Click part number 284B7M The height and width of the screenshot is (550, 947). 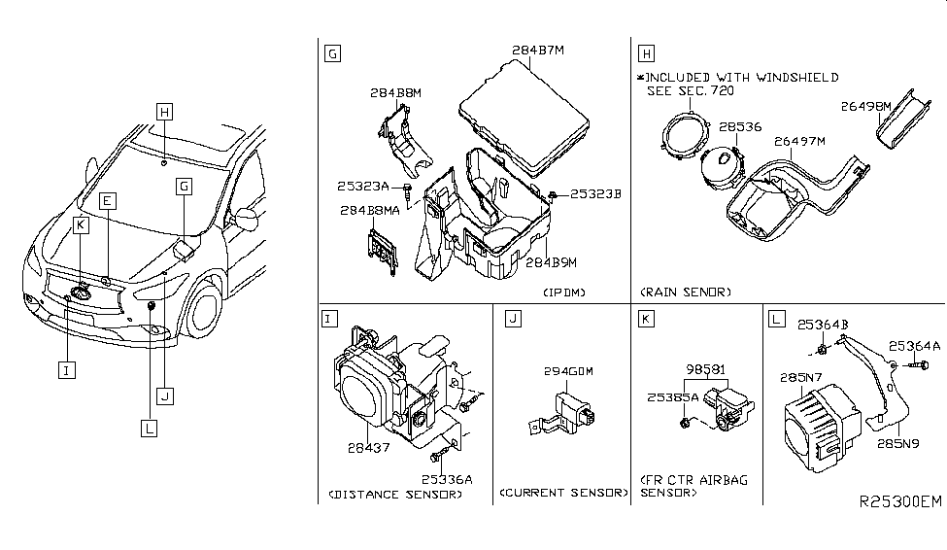point(537,51)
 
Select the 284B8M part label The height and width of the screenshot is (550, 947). point(395,93)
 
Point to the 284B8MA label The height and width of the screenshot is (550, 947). point(370,211)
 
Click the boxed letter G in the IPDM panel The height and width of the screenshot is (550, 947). point(332,53)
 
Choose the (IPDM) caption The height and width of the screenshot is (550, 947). point(564,292)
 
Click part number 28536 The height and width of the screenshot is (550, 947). point(740,127)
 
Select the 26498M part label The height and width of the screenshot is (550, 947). point(865,106)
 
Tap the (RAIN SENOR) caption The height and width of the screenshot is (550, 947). point(686,292)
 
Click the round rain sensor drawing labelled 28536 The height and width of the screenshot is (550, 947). point(721,167)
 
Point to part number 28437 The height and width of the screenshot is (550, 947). point(368,448)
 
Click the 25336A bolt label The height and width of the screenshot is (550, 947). point(447,480)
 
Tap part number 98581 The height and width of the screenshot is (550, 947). point(705,369)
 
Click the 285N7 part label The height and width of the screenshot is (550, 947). point(801,378)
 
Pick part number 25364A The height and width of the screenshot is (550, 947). point(914,346)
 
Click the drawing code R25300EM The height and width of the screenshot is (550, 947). point(899,501)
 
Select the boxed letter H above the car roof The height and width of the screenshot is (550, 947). point(164,112)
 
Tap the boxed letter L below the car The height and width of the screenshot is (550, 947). point(149,429)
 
